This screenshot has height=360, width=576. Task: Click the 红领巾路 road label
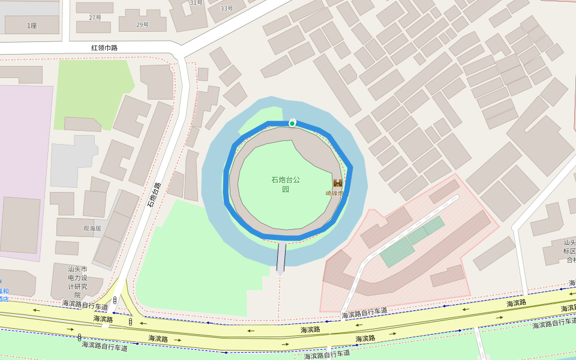coord(104,47)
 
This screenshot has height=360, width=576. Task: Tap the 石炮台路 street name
coord(154,195)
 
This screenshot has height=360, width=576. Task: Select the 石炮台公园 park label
coord(286,184)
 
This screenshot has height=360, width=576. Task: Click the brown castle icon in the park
coord(338,183)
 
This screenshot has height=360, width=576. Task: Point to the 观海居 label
coord(92,229)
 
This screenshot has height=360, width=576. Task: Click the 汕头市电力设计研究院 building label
coord(77,282)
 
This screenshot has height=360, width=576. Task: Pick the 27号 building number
coord(95,17)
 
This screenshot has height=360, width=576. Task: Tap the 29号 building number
coord(142,25)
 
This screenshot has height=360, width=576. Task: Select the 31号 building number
coord(196,2)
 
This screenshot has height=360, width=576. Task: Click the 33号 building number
coord(227,8)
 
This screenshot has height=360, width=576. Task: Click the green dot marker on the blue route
coord(292,124)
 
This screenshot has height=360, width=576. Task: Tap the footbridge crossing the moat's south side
coord(281,256)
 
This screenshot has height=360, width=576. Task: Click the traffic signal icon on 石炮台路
coord(115,299)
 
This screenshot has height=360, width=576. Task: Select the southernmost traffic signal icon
coord(79,337)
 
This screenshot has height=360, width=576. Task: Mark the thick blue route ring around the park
coord(227,180)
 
